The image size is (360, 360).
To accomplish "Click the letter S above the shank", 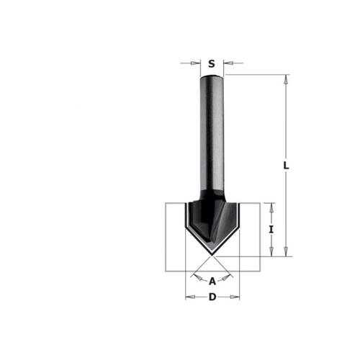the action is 212,64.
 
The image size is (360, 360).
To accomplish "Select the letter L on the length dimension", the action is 286,166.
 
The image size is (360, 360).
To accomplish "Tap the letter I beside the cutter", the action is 271,230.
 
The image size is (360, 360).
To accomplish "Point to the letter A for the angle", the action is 212,281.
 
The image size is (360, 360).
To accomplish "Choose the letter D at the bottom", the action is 212,297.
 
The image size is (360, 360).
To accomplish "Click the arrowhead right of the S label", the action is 228,63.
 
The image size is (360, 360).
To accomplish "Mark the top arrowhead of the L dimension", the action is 286,79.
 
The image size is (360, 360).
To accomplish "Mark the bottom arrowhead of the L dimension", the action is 286,252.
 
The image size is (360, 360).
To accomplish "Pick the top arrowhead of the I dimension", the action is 271,207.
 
